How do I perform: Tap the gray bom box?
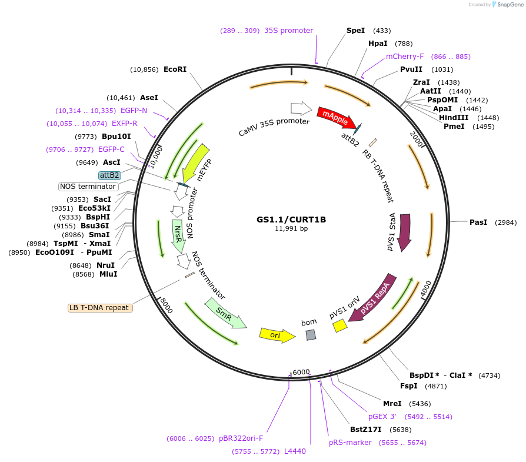click(311, 335)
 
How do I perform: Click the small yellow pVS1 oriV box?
click(340, 325)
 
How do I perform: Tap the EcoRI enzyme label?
click(175, 69)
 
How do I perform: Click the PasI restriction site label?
click(478, 222)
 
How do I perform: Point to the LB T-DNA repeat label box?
click(99, 307)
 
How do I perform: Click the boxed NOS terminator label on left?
click(88, 187)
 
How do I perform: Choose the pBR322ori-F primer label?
click(241, 438)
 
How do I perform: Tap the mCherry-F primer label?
click(404, 56)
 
